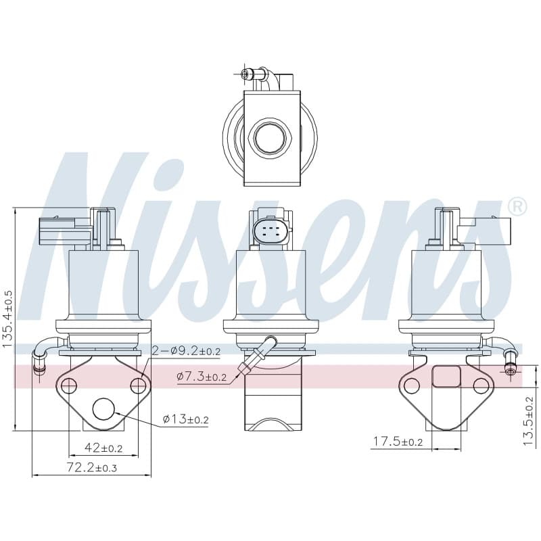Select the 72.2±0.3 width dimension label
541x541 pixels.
[92, 467]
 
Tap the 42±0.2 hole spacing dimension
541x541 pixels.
[103, 448]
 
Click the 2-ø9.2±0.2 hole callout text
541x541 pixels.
[186, 351]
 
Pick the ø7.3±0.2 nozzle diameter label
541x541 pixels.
[202, 377]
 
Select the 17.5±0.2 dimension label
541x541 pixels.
[398, 442]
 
